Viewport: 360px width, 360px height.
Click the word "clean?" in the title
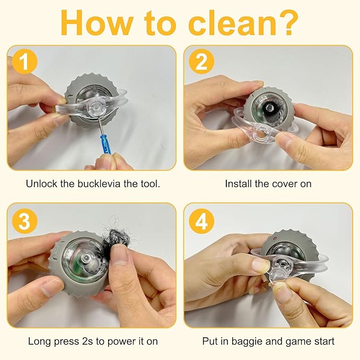243,22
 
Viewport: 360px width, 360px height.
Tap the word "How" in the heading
96,23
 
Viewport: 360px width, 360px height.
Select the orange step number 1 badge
24,62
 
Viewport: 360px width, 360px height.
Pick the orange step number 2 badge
201,62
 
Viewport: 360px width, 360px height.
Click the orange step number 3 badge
24,221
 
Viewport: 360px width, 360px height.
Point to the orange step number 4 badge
201,221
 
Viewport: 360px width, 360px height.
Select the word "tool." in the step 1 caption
150,183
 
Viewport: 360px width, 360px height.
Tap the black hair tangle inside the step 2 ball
269,109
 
